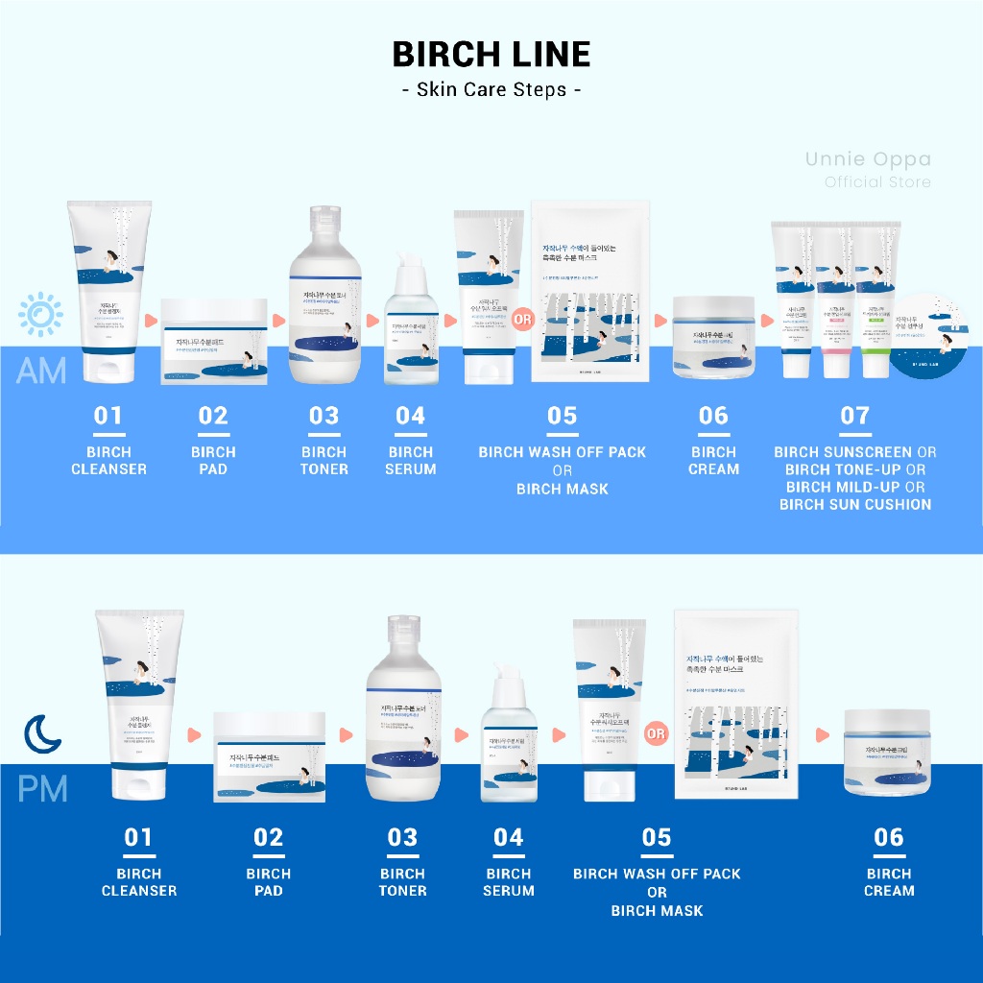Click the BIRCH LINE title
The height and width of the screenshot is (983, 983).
coord(491,54)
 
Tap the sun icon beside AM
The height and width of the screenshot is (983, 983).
coord(39,314)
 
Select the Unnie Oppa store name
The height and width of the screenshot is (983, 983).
coord(868,159)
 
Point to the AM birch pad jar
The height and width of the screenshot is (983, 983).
coord(214,341)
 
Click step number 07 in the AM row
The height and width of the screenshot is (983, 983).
coord(854,416)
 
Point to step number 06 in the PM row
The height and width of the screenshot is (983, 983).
coord(889,837)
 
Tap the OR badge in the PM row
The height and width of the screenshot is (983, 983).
coord(657,734)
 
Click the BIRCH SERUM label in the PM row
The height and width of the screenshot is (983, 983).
coord(509,882)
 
